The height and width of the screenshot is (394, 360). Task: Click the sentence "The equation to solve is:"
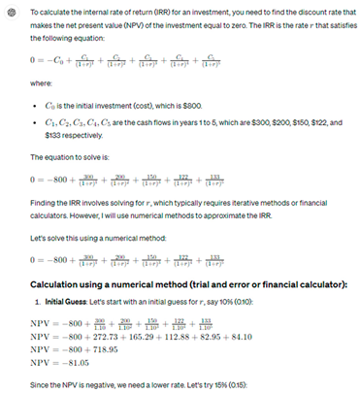(x=71, y=157)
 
